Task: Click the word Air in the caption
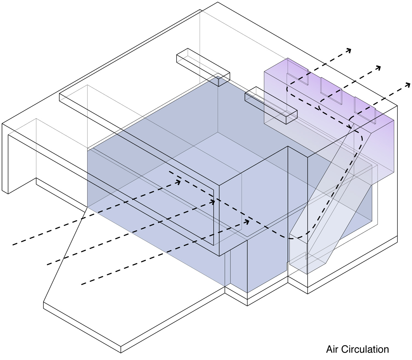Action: point(332,349)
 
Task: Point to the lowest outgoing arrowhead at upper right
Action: point(407,85)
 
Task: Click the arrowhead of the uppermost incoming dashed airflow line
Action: point(178,182)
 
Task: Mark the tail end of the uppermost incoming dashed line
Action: point(13,244)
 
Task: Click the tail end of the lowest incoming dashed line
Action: point(81,284)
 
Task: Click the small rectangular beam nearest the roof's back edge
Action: point(203,67)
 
